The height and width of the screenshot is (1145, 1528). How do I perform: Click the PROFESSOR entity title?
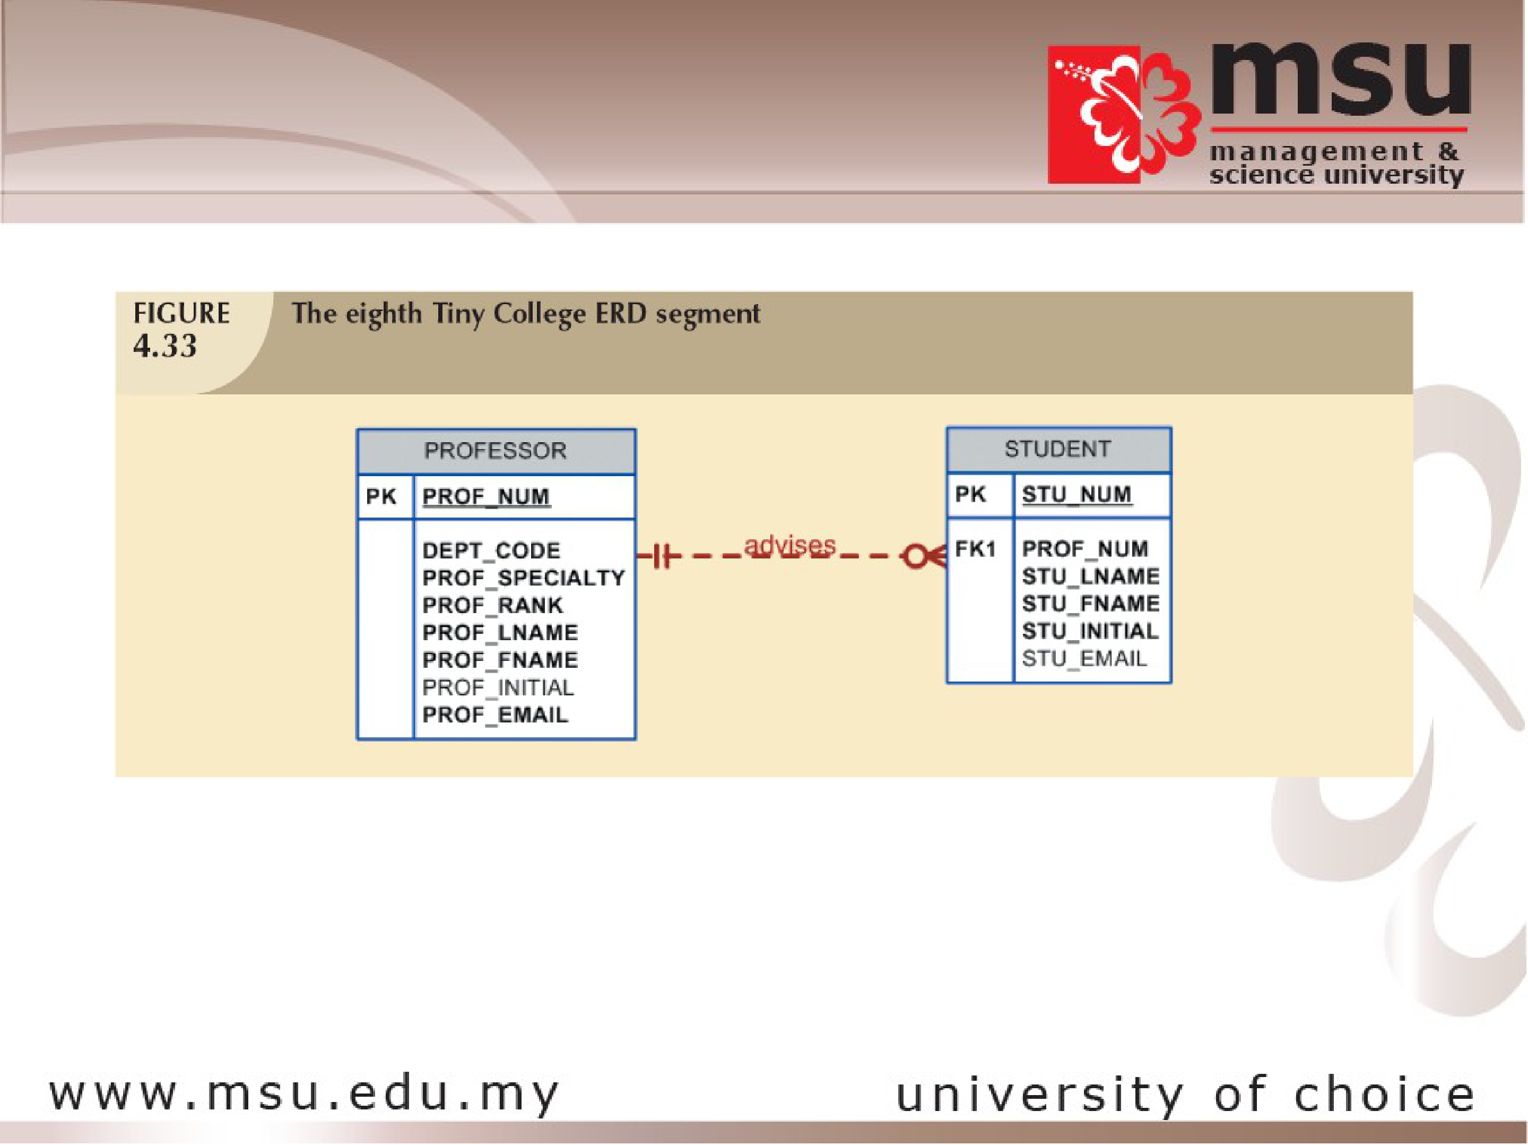[x=496, y=451]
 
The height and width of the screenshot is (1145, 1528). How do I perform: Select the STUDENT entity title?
[x=1057, y=449]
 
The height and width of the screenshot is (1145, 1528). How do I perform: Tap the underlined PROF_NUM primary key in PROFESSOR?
[x=487, y=497]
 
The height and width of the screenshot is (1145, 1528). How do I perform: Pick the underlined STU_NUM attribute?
[x=1077, y=495]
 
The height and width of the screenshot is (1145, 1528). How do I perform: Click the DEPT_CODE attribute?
[x=491, y=550]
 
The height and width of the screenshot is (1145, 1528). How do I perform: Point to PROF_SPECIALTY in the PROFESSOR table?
[x=524, y=578]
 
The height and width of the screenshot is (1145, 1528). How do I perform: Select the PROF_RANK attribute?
[x=492, y=605]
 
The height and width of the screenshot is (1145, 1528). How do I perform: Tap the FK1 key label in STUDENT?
[x=975, y=549]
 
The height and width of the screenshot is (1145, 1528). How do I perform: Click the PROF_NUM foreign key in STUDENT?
[x=1085, y=549]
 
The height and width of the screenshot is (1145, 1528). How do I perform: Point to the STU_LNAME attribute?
[x=1091, y=576]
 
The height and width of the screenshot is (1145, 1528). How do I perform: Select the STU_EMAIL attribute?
[x=1084, y=659]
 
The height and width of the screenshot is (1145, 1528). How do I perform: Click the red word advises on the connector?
[x=789, y=546]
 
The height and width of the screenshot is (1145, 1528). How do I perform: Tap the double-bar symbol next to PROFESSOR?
[x=661, y=556]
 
